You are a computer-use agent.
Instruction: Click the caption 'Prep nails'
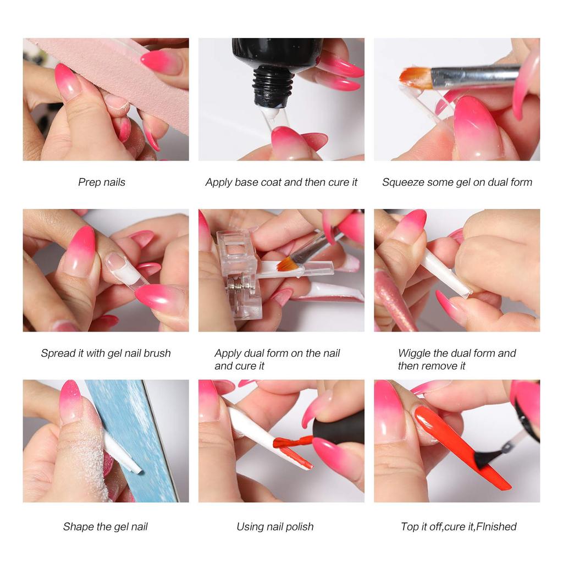tap(102, 182)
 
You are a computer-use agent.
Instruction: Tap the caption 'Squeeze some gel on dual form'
tap(457, 182)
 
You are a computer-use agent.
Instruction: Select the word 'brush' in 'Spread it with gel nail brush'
tap(157, 353)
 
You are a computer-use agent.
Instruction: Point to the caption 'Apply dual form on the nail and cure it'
tap(277, 359)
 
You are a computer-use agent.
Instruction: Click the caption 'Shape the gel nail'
tap(105, 526)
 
